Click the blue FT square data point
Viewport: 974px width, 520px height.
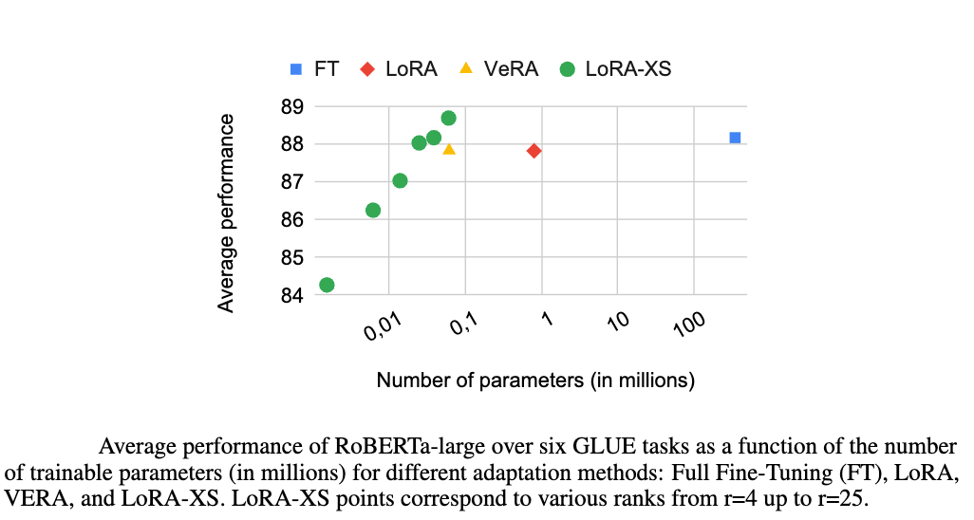[735, 138]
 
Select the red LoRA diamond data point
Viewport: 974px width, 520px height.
[534, 151]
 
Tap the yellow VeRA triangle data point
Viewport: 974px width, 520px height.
[449, 149]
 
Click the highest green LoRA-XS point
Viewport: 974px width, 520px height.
[448, 118]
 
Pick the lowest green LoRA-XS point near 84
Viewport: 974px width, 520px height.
[327, 285]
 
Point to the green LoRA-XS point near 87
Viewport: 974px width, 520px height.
[400, 180]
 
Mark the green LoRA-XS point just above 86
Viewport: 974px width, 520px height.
[373, 210]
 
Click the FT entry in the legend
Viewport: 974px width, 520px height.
[313, 69]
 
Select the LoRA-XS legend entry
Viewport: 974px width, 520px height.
[616, 69]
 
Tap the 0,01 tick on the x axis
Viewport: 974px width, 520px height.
[384, 328]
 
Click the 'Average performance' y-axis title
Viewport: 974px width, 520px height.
[226, 213]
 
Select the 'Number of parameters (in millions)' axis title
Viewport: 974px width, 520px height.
[535, 381]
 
